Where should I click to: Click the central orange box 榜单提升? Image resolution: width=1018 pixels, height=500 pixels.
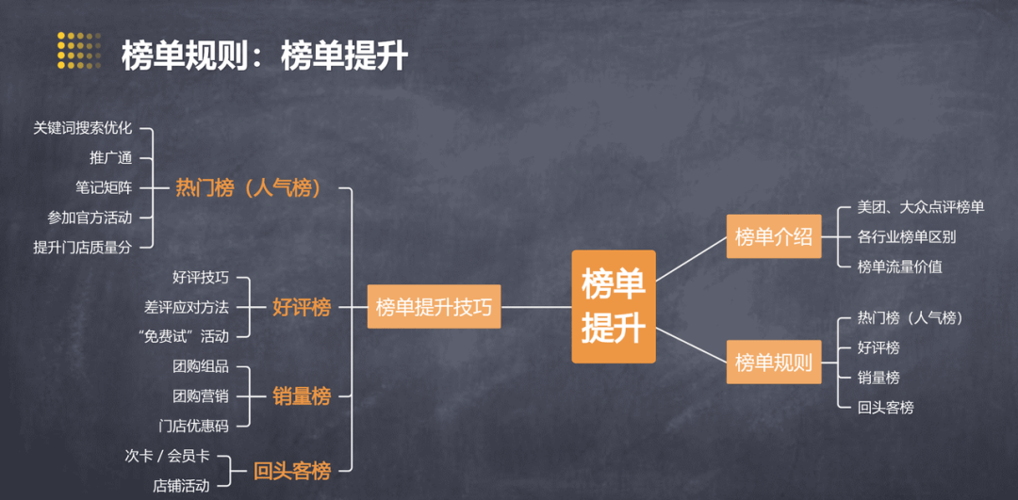click(x=614, y=307)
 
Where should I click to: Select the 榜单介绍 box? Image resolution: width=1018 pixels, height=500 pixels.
click(x=773, y=236)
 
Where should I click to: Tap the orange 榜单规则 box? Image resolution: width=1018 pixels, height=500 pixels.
click(x=773, y=362)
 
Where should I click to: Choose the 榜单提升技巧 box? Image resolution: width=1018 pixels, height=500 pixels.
click(x=434, y=307)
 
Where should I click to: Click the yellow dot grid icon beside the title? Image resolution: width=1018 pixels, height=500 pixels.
click(x=78, y=50)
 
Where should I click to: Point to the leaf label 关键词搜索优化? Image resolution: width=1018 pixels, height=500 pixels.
click(x=82, y=128)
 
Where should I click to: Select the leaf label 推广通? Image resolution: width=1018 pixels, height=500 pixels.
click(x=111, y=157)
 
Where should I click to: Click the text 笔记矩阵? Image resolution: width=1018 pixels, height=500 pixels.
click(x=104, y=187)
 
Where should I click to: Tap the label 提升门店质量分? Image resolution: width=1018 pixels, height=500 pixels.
click(x=82, y=247)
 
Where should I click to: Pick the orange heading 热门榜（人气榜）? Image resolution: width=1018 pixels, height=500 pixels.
click(x=249, y=188)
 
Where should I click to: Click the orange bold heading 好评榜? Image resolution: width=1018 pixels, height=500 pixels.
click(x=302, y=307)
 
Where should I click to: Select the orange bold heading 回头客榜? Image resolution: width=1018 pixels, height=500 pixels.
click(x=291, y=470)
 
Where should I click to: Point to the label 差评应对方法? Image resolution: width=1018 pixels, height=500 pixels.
click(x=187, y=306)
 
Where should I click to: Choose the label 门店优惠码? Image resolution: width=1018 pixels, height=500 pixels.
click(x=193, y=426)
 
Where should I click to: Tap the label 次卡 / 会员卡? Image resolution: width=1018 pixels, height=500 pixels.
click(x=167, y=456)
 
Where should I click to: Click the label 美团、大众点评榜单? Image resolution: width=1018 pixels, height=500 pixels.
click(x=921, y=207)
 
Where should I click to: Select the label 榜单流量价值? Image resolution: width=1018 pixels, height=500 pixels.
click(x=900, y=266)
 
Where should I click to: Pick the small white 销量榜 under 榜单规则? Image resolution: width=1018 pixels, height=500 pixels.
click(x=878, y=378)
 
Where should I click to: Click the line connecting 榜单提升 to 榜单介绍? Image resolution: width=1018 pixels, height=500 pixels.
click(x=691, y=259)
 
